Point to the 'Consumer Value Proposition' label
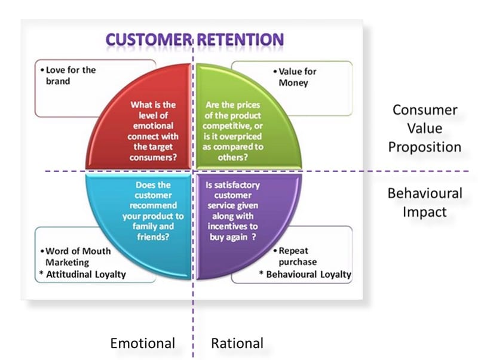click(424, 128)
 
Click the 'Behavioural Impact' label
click(424, 202)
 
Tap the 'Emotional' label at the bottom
click(142, 343)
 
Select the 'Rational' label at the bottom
click(237, 343)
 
